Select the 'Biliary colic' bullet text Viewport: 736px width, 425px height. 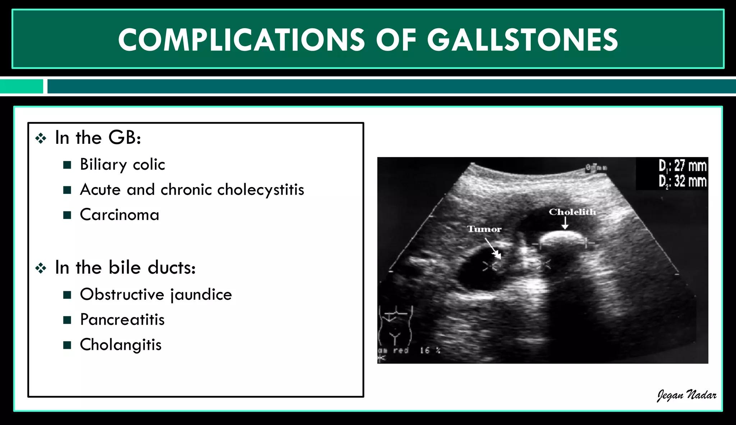pyautogui.click(x=122, y=165)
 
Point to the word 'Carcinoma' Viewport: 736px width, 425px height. pyautogui.click(x=119, y=215)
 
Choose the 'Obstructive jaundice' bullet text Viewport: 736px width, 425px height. pyautogui.click(x=156, y=295)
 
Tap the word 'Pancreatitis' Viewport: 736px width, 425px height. pyautogui.click(x=122, y=320)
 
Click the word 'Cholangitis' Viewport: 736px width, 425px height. pyautogui.click(x=120, y=345)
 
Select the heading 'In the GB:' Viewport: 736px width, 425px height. pyautogui.click(x=98, y=138)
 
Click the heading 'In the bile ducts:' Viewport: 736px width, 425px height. pyautogui.click(x=125, y=268)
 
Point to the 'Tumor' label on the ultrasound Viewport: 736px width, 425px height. pyautogui.click(x=484, y=229)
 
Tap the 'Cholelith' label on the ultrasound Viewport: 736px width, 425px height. pyautogui.click(x=572, y=212)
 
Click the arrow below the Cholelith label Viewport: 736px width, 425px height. pyautogui.click(x=565, y=223)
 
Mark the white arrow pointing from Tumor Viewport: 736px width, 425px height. pyautogui.click(x=492, y=248)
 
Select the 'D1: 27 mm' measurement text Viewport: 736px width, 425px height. pyautogui.click(x=682, y=166)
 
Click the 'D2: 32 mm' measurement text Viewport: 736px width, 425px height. pyautogui.click(x=682, y=181)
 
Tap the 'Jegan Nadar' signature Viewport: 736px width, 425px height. pyautogui.click(x=686, y=395)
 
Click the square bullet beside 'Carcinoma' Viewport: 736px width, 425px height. pyautogui.click(x=67, y=215)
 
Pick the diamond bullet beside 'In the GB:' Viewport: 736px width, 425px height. pyautogui.click(x=41, y=138)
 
